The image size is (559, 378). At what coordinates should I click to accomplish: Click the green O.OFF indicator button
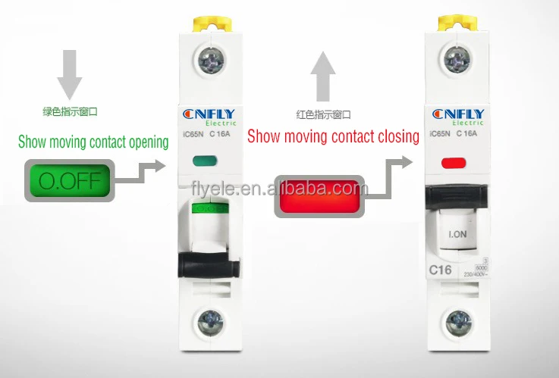pyautogui.click(x=69, y=181)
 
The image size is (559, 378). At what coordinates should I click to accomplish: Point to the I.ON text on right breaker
pyautogui.click(x=457, y=234)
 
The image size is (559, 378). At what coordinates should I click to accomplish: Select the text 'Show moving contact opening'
pyautogui.click(x=93, y=142)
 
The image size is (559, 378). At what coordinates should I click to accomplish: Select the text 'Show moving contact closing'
pyautogui.click(x=333, y=136)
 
